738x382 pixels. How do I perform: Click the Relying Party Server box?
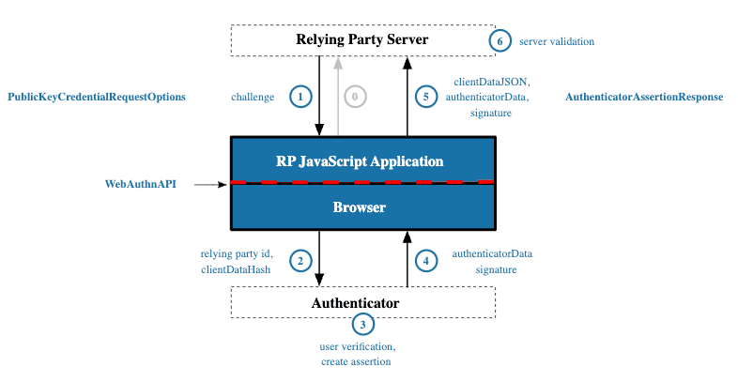(x=362, y=39)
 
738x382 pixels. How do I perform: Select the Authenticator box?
(x=362, y=302)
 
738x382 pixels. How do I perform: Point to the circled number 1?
(x=300, y=97)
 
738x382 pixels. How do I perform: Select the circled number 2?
(x=300, y=261)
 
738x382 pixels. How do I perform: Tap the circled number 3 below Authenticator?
(x=362, y=325)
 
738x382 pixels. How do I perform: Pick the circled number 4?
(x=426, y=261)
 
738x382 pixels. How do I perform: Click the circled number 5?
(x=426, y=97)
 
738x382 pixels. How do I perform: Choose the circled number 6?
(x=500, y=41)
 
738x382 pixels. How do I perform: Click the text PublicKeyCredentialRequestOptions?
(x=97, y=97)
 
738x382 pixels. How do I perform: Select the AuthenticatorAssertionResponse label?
(x=644, y=97)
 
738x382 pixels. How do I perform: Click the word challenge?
(x=254, y=97)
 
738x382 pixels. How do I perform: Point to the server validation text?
(x=558, y=41)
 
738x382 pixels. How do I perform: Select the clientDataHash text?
(x=236, y=269)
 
